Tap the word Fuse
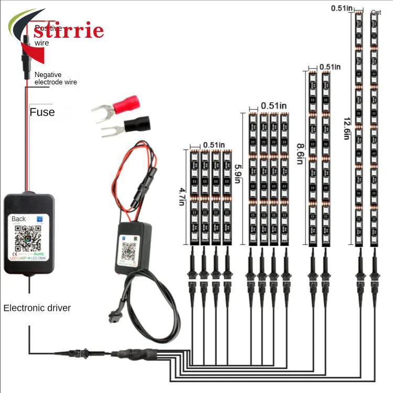42,112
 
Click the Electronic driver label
37,308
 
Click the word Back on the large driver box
19,219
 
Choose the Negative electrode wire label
56,79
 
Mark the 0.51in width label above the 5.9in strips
274,105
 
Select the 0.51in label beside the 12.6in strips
342,7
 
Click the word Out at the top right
376,13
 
